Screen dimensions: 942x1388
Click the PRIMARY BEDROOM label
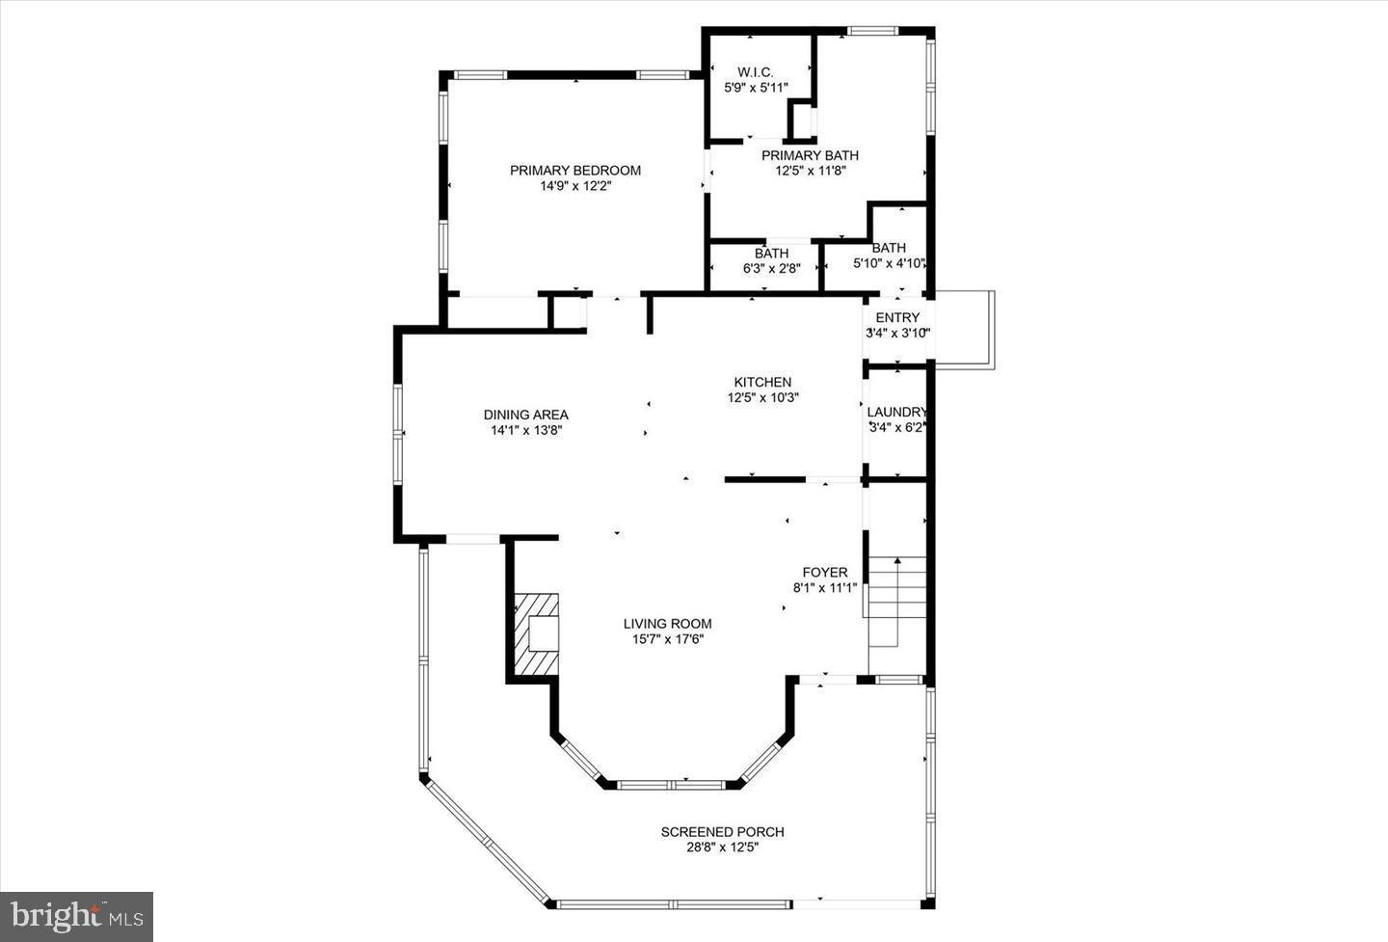pyautogui.click(x=574, y=171)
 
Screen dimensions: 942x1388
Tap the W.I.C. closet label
pyautogui.click(x=756, y=72)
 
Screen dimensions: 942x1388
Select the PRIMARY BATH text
pyautogui.click(x=810, y=155)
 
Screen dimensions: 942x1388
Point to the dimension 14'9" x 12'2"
pyautogui.click(x=575, y=186)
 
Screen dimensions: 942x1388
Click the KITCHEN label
pyautogui.click(x=762, y=382)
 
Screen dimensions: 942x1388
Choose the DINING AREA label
pyautogui.click(x=525, y=415)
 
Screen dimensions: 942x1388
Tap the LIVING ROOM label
pyautogui.click(x=667, y=624)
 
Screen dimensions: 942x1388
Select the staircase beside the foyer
pyautogui.click(x=897, y=602)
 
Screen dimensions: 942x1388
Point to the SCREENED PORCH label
pyautogui.click(x=722, y=832)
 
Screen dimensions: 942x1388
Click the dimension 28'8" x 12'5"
pyautogui.click(x=723, y=848)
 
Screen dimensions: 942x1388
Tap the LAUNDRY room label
pyautogui.click(x=896, y=412)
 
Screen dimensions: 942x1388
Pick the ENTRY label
pyautogui.click(x=897, y=317)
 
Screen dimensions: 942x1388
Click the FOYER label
pyautogui.click(x=825, y=573)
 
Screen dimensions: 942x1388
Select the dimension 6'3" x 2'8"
pyautogui.click(x=771, y=269)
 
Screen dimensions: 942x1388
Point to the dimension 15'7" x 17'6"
pyautogui.click(x=667, y=639)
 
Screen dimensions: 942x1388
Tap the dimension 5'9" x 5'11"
pyautogui.click(x=756, y=88)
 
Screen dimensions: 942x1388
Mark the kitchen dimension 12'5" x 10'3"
pyautogui.click(x=762, y=397)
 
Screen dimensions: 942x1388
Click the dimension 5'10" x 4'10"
pyautogui.click(x=889, y=263)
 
